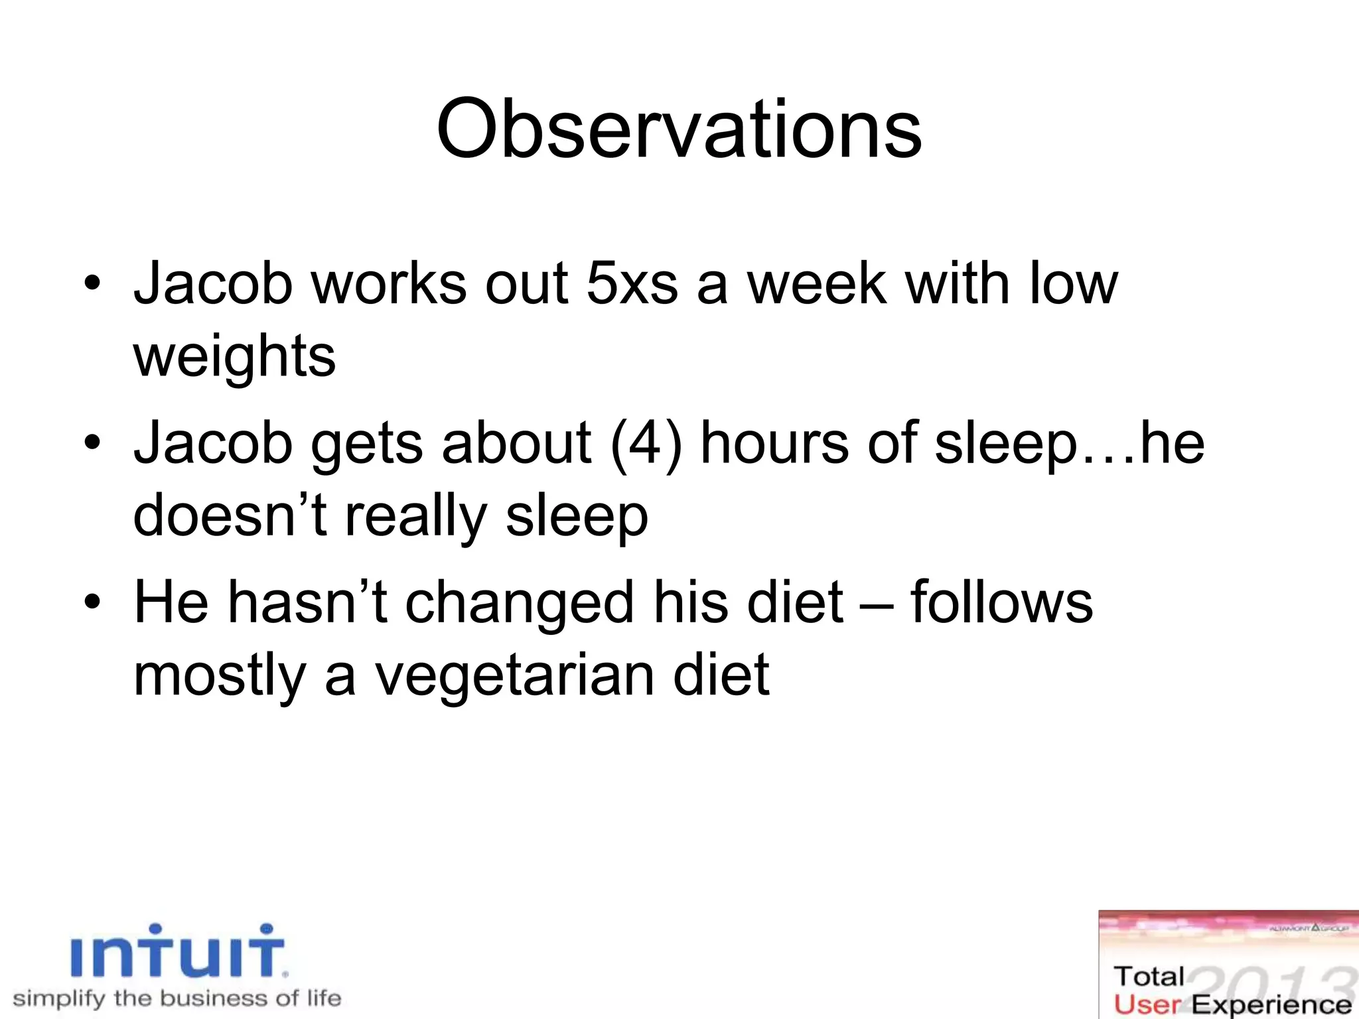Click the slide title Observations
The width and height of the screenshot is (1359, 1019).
coord(679,129)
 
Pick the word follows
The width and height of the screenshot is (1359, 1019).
coord(1001,602)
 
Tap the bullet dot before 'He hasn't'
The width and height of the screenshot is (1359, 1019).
coord(93,602)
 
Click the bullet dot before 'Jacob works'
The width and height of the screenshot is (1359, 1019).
coord(93,284)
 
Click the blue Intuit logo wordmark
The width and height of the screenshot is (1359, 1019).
coord(178,951)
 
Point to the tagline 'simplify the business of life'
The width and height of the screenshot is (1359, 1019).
coord(177,998)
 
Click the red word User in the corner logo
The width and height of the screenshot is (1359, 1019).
coord(1147,1004)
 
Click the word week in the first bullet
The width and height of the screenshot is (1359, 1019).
coord(818,284)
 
